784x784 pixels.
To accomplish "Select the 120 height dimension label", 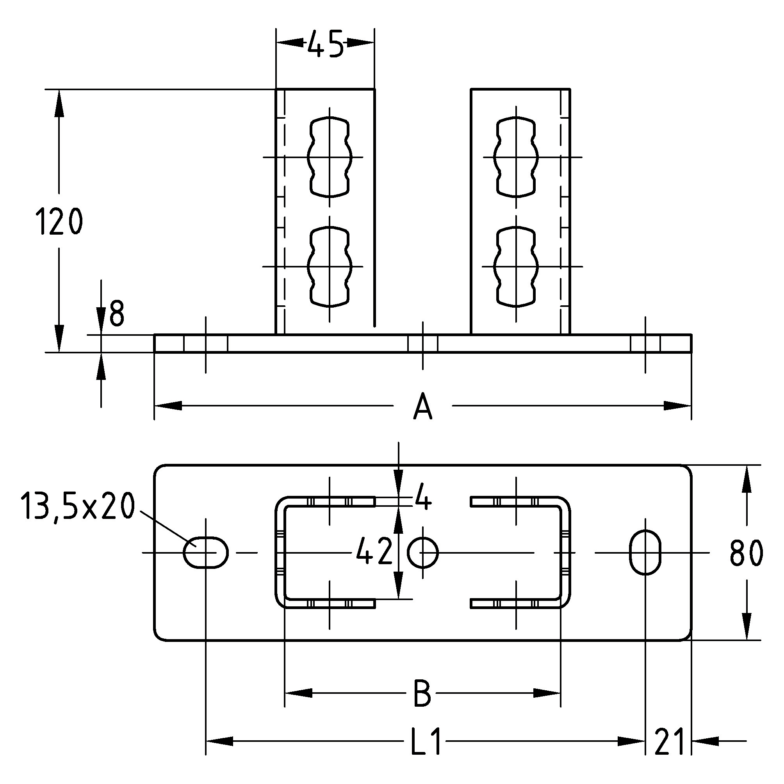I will tap(59, 221).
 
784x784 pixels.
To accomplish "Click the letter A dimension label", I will tap(423, 406).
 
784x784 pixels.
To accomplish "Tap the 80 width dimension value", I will tap(746, 554).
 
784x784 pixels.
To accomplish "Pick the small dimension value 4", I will tap(423, 502).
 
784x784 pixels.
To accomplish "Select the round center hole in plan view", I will tap(423, 553).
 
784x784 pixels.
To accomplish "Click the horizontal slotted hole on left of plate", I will tap(206, 552).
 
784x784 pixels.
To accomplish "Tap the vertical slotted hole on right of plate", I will tap(645, 552).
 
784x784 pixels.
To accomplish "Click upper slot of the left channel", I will tap(330, 157).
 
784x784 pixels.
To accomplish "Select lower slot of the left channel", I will tap(330, 267).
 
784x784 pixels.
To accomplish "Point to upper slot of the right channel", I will tap(516, 157).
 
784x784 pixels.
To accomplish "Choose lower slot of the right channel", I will tap(516, 267).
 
